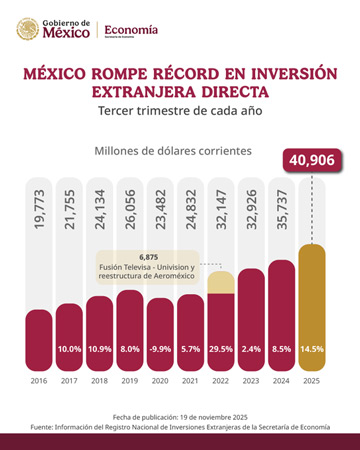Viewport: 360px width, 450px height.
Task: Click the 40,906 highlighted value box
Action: click(x=312, y=160)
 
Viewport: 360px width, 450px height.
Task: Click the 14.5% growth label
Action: click(x=312, y=349)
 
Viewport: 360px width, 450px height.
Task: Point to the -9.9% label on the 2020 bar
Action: click(x=160, y=349)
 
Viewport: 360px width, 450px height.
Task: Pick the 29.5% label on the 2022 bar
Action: click(x=221, y=349)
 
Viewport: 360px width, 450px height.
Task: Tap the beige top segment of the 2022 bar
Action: click(x=221, y=281)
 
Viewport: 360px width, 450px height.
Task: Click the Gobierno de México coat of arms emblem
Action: click(x=31, y=29)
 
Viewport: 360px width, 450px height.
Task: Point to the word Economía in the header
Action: click(x=131, y=29)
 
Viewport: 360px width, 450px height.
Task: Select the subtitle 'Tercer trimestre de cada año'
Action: click(x=180, y=112)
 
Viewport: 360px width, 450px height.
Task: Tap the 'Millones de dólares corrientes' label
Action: click(x=173, y=151)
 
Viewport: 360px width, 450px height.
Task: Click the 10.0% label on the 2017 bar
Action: click(x=70, y=349)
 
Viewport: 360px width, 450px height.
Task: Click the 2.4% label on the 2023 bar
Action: click(x=251, y=349)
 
